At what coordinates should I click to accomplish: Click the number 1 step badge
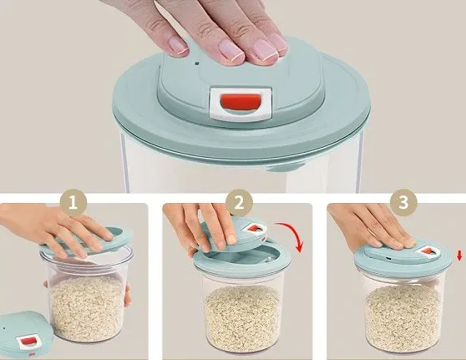[73, 203]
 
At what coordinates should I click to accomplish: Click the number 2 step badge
[239, 203]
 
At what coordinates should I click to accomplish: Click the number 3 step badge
[403, 203]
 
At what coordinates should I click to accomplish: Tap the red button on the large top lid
[241, 102]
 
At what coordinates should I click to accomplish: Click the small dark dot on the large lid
[196, 63]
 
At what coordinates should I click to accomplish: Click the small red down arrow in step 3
[459, 256]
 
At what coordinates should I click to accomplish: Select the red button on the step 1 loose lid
[28, 342]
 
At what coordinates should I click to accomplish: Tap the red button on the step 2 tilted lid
[255, 229]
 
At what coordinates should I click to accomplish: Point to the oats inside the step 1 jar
[86, 307]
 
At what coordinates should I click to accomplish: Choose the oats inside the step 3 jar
[403, 315]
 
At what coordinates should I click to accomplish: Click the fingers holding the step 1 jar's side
[127, 295]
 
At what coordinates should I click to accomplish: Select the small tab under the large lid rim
[286, 167]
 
